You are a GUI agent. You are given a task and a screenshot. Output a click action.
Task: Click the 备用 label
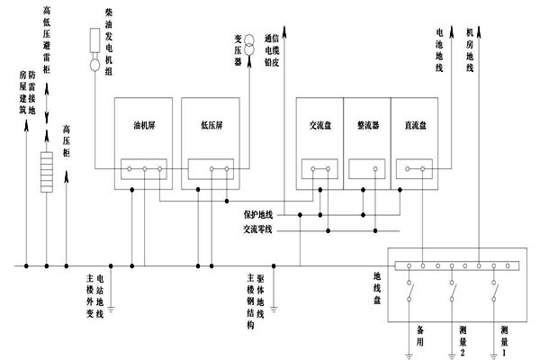420,337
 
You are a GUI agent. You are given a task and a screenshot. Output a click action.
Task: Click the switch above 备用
410,292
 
